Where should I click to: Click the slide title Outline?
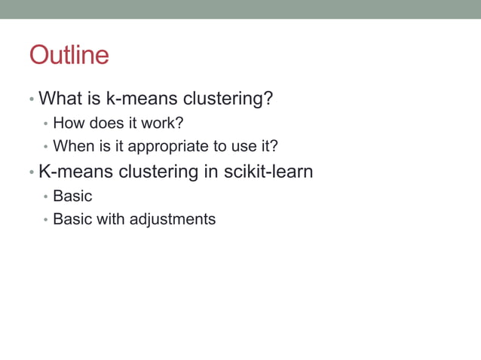[x=69, y=55]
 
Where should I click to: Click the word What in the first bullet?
[x=58, y=99]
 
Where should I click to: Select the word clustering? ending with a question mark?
[x=230, y=99]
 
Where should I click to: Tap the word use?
[x=249, y=146]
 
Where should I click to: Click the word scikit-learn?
[x=268, y=172]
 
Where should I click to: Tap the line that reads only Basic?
[x=72, y=197]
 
